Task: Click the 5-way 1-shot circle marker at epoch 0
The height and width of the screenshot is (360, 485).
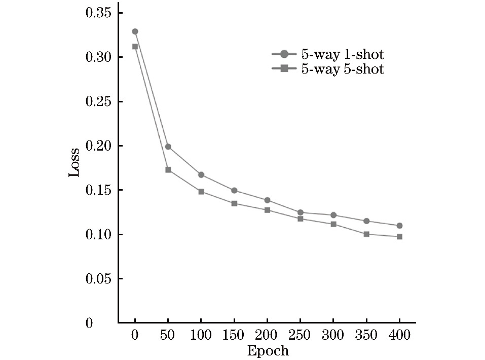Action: [x=135, y=31]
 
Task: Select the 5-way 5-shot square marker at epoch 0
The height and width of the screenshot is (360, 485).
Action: [x=135, y=47]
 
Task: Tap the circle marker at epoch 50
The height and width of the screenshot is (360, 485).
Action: [x=168, y=147]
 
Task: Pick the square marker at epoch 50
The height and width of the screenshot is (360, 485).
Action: [x=168, y=170]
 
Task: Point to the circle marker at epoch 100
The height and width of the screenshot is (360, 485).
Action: [x=201, y=175]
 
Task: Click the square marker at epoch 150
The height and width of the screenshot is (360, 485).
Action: [x=234, y=203]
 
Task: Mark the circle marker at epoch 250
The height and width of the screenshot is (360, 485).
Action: [x=301, y=212]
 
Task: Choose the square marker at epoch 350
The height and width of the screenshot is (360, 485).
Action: [x=366, y=234]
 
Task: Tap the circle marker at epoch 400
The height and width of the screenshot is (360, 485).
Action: [x=399, y=226]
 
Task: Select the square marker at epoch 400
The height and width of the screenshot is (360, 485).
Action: [x=399, y=237]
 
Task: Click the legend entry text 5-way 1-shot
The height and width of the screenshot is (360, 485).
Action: [x=343, y=55]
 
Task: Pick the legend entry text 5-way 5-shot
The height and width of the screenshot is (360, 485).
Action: [x=343, y=69]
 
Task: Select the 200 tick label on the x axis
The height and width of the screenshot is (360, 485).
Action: [x=267, y=336]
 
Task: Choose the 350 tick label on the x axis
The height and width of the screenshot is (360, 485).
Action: [x=366, y=336]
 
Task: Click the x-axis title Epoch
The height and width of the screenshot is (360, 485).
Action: [x=268, y=351]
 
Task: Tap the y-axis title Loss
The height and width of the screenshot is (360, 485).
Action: [x=74, y=162]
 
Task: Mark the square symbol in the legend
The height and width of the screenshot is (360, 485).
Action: [x=284, y=69]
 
